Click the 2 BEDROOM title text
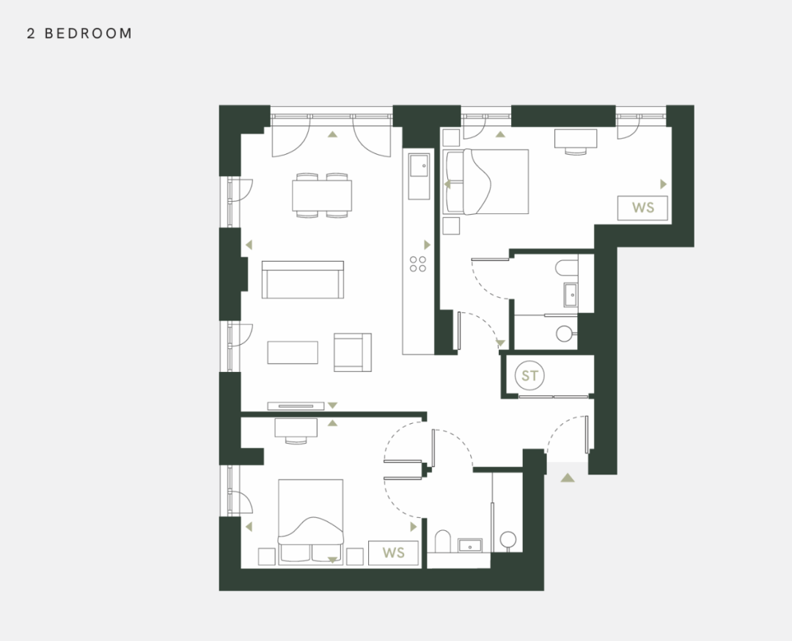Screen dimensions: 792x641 click(79, 33)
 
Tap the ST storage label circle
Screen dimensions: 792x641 click(529, 376)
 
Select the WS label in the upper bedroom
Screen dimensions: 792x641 click(642, 208)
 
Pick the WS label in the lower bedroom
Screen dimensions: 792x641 click(394, 552)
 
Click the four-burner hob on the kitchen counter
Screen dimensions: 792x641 click(418, 264)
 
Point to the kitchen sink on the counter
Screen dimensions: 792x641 click(419, 166)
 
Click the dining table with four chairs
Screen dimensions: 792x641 click(322, 196)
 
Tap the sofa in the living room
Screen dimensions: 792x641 click(303, 279)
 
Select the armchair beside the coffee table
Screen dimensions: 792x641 click(353, 352)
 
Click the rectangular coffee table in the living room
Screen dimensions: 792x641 click(293, 353)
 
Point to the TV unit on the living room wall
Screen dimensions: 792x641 click(296, 406)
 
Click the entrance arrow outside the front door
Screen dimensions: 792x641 click(568, 477)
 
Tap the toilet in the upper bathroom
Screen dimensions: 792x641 click(566, 267)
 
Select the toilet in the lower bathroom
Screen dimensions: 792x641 click(443, 541)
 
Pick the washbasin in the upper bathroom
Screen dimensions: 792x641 click(571, 295)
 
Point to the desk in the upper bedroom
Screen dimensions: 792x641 click(576, 142)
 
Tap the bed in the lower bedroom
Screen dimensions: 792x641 click(311, 521)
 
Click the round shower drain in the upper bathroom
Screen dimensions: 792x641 click(564, 334)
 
